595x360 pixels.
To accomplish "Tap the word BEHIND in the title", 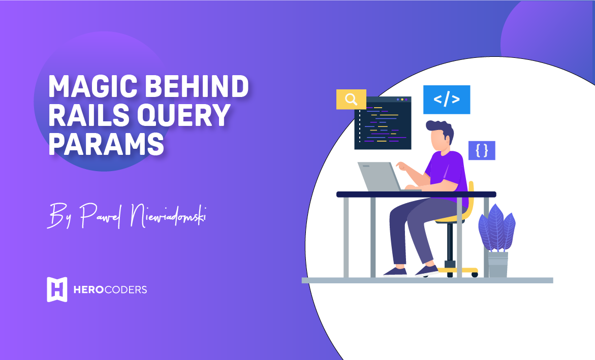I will click(197, 87).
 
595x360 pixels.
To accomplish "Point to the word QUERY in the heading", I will click(186, 115).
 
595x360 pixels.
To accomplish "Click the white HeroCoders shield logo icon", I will click(57, 289).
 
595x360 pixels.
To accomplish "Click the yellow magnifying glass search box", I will click(351, 99).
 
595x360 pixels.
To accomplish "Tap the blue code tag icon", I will click(447, 100).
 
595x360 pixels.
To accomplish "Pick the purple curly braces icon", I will click(482, 151).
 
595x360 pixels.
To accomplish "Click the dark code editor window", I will click(383, 123).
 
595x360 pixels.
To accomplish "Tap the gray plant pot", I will click(497, 265).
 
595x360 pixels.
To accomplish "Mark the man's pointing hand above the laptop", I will click(402, 166).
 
